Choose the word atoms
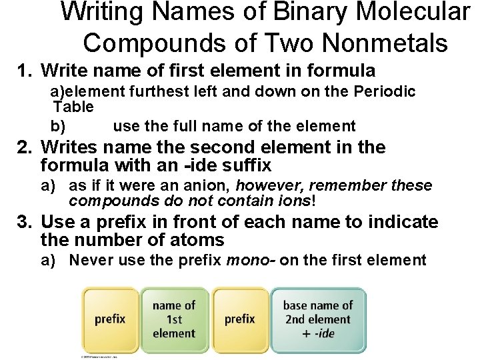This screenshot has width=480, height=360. [192, 239]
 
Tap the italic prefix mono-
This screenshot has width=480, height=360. [251, 260]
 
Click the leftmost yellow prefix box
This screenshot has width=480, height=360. [110, 319]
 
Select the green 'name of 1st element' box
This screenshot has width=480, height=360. [174, 319]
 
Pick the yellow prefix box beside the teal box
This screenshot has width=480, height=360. [239, 319]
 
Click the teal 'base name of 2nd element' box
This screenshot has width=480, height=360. [318, 319]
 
